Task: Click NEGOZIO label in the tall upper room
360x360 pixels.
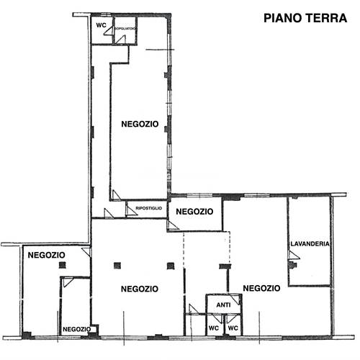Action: tap(140, 124)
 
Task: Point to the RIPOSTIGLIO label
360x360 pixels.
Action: tap(148, 209)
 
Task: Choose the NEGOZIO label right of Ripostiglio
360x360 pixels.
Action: tap(194, 212)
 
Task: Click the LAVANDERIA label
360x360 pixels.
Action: tap(310, 244)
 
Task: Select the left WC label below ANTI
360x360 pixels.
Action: tap(213, 328)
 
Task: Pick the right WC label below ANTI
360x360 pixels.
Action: tap(232, 328)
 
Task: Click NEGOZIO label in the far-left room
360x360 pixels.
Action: tap(47, 255)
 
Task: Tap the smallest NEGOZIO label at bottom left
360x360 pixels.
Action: tap(76, 329)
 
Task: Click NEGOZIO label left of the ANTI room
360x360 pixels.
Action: tap(140, 289)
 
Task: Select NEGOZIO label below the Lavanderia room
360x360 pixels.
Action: tap(261, 288)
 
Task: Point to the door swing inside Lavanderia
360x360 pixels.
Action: tap(292, 256)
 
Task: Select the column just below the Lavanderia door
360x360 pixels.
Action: tap(292, 265)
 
